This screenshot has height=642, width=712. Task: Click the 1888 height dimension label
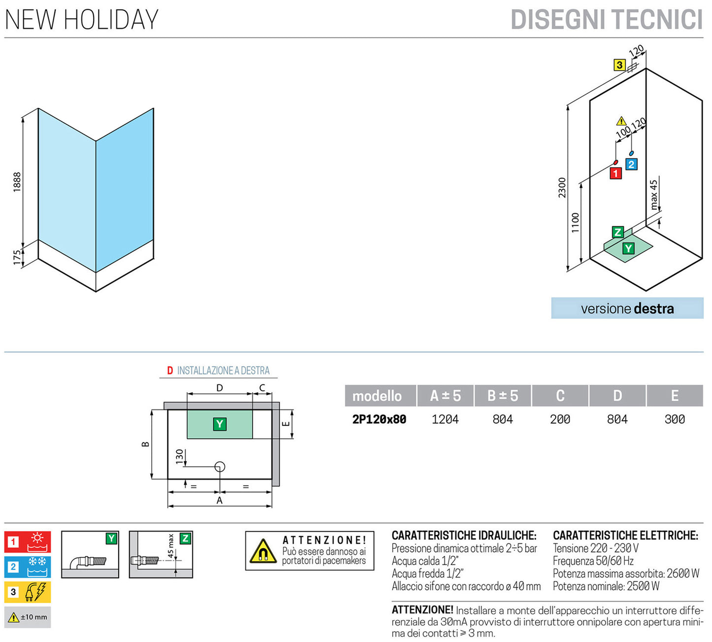[17, 182]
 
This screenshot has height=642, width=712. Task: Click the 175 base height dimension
[17, 257]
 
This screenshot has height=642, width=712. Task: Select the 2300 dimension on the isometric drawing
[562, 188]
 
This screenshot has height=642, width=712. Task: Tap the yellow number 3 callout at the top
[619, 65]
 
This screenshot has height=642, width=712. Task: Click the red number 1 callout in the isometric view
[615, 173]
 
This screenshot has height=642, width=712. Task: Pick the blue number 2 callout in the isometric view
[631, 164]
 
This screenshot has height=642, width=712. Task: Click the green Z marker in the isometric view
[617, 232]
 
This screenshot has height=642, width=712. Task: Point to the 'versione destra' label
[627, 308]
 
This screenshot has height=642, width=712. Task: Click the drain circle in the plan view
[220, 466]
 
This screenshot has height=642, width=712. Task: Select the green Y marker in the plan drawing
[220, 424]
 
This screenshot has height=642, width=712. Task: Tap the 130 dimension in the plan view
[179, 456]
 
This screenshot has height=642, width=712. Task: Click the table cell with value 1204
[445, 419]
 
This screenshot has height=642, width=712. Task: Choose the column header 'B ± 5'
[503, 396]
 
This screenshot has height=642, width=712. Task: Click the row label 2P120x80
[379, 419]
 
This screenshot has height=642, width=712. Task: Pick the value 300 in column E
[675, 419]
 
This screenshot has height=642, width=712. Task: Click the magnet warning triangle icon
[263, 552]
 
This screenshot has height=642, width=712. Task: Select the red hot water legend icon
[37, 541]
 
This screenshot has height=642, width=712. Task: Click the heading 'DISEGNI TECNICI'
[606, 20]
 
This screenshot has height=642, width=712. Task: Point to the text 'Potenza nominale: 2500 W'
[606, 586]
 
